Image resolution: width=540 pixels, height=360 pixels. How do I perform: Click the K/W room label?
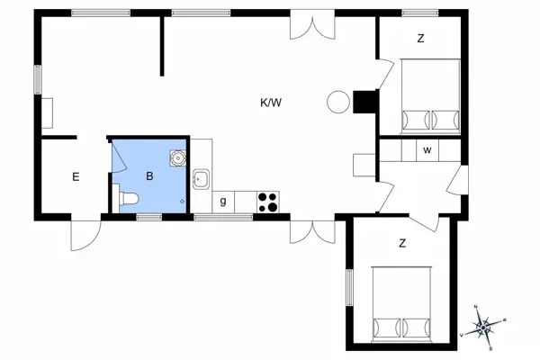coord(271,103)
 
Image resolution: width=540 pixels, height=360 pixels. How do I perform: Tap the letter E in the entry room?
coord(76,176)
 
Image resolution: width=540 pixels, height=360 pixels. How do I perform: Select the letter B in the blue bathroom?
coord(151,176)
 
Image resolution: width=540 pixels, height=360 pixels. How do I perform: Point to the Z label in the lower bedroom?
coord(402,242)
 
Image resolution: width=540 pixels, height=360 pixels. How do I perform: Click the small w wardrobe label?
coord(427,150)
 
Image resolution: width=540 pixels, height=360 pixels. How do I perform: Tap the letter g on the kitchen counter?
coord(222,200)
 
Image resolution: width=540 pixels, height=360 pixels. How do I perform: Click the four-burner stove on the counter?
coord(267,202)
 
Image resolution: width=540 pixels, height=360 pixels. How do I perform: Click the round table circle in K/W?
coord(337,102)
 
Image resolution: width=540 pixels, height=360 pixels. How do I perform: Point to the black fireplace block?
coord(365,103)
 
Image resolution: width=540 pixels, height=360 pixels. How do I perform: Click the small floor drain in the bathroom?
coord(183,201)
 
